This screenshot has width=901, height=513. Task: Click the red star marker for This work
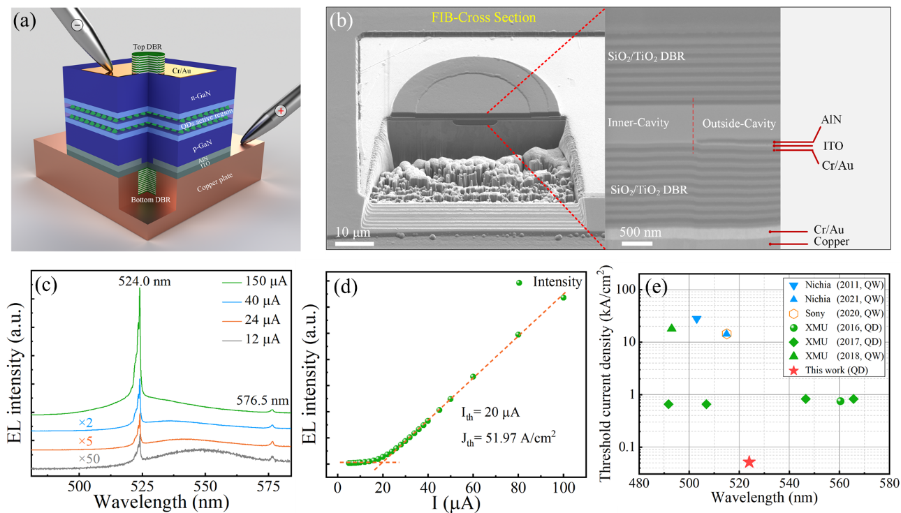coord(749,461)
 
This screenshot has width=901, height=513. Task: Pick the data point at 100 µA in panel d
coord(563,297)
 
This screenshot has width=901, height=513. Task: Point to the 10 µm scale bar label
coord(353,232)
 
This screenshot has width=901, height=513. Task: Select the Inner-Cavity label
coord(638,123)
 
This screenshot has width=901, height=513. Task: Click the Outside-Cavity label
coord(739,124)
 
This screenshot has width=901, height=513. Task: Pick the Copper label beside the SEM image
coord(832,241)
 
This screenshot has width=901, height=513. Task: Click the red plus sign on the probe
coord(281,110)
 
